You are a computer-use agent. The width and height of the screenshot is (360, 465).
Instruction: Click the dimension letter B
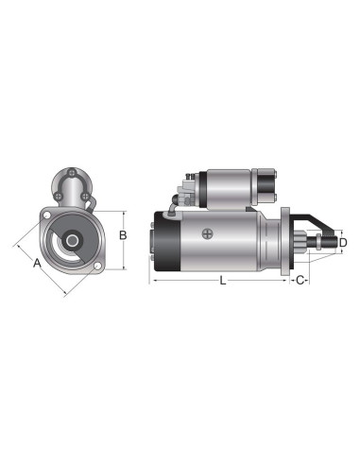click(x=122, y=235)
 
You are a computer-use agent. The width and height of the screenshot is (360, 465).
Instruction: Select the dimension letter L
click(x=222, y=282)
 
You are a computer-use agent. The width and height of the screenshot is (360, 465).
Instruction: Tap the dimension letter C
click(x=299, y=282)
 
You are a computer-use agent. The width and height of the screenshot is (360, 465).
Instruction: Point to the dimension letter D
click(x=343, y=243)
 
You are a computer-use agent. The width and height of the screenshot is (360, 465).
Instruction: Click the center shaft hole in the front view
click(x=72, y=242)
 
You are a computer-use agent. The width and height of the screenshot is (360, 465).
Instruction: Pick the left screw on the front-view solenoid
click(x=59, y=197)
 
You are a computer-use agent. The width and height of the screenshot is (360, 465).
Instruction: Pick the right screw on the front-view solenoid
click(x=85, y=197)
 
